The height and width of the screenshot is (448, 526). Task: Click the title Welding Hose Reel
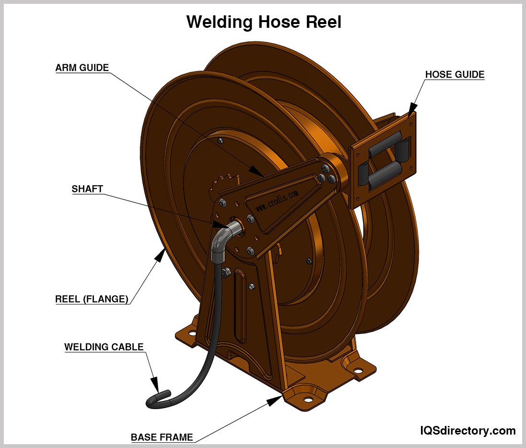[264, 22]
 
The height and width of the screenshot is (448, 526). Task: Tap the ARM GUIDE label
[82, 68]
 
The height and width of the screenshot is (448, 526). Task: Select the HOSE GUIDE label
[455, 75]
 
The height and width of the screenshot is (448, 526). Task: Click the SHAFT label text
[87, 189]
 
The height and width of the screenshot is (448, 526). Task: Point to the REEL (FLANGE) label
[92, 299]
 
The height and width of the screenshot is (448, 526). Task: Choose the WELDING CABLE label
[104, 346]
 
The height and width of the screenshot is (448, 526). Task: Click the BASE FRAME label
[162, 437]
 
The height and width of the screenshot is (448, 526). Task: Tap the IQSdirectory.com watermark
[468, 430]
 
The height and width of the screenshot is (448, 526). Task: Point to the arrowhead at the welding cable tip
[155, 384]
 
